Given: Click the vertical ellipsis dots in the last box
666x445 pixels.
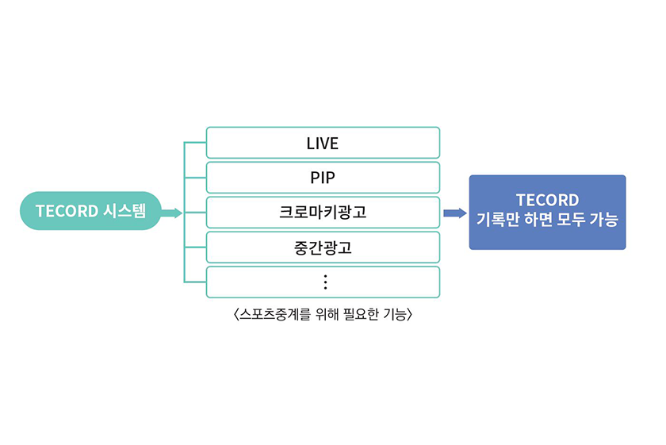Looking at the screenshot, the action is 325,282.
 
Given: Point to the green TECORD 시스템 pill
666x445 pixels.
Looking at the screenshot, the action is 90,211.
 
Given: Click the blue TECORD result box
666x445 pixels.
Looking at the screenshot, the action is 548,212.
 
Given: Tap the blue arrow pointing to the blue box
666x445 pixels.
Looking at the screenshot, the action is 455,213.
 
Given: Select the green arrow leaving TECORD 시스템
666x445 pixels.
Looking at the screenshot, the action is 171,213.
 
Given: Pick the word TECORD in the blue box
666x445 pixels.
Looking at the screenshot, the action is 548,200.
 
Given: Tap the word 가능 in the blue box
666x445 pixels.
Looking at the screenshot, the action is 603,220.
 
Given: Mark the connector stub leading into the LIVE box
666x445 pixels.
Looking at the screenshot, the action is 195,143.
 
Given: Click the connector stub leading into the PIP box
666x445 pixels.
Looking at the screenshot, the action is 195,178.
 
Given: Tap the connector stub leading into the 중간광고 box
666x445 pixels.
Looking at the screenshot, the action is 195,247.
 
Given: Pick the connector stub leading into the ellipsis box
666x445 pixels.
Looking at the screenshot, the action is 195,282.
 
